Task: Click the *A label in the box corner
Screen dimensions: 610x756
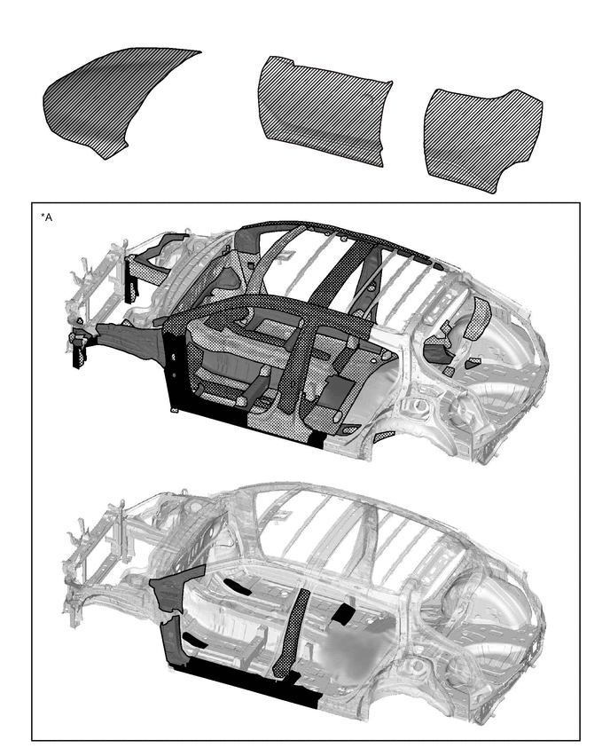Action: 46,217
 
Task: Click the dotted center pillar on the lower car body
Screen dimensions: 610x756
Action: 292,632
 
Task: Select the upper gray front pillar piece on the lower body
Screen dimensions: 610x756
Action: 176,587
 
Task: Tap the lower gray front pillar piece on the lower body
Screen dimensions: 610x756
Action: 172,642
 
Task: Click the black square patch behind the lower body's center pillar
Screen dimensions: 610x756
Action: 343,613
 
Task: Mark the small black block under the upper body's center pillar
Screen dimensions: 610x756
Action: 317,439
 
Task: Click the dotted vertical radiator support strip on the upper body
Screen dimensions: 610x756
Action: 130,280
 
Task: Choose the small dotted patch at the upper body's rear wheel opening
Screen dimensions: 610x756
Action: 384,436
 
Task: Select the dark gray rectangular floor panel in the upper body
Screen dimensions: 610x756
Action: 340,390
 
